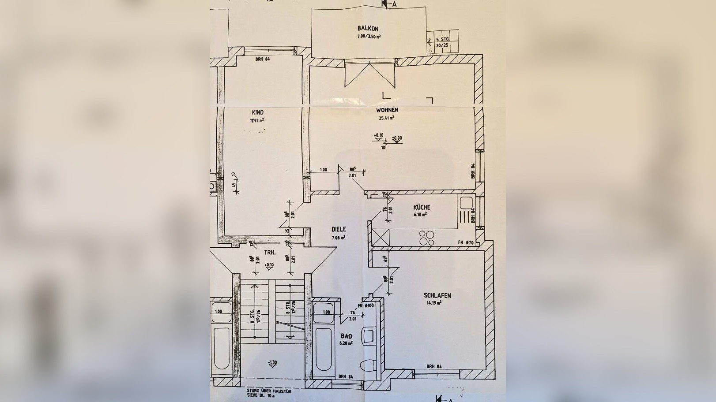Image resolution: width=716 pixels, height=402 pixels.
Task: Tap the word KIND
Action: click(x=258, y=112)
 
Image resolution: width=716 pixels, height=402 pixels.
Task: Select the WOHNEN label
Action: click(x=387, y=110)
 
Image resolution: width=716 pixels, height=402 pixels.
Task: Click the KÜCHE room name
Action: click(x=422, y=207)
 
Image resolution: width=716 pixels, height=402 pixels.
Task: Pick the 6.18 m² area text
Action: click(x=420, y=215)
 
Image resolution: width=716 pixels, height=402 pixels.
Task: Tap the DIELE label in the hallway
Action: click(x=339, y=229)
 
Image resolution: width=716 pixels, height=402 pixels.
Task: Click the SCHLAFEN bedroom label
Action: click(x=437, y=296)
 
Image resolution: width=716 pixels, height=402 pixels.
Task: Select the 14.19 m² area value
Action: click(x=434, y=303)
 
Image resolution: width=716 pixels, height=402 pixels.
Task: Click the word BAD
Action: click(x=346, y=335)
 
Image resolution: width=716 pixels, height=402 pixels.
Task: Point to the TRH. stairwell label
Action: click(x=270, y=253)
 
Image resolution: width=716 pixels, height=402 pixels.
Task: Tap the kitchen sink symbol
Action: click(x=465, y=204)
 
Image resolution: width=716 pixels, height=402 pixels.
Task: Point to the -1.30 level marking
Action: click(x=272, y=362)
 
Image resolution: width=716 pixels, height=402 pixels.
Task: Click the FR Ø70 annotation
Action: click(x=466, y=242)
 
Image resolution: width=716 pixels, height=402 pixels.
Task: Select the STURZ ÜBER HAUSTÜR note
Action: click(x=269, y=391)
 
